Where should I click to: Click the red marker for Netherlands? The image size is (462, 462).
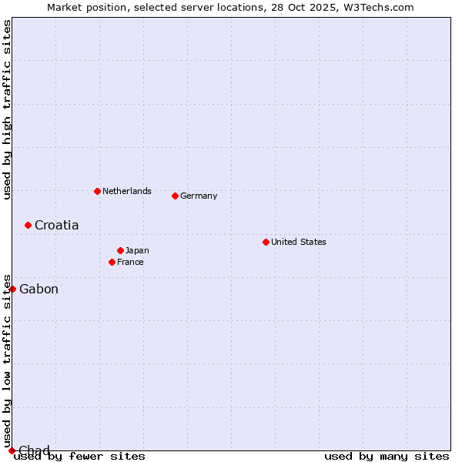[97, 191]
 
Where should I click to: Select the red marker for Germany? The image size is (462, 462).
[175, 196]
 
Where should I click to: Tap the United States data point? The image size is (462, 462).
[266, 242]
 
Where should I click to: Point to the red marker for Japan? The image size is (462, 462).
[120, 250]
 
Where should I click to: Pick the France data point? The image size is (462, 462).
[112, 262]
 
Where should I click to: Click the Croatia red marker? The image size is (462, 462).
[28, 225]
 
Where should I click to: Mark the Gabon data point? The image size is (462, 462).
[12, 289]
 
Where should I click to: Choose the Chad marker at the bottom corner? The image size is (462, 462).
[12, 450]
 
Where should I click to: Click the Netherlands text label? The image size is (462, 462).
[127, 191]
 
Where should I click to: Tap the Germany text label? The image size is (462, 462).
[199, 196]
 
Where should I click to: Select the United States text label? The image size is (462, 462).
[299, 242]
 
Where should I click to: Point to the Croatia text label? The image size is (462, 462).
[56, 225]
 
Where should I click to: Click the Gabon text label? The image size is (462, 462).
[38, 289]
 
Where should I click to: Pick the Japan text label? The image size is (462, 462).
[138, 250]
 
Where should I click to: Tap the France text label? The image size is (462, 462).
[131, 262]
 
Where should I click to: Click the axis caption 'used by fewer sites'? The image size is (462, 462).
[79, 456]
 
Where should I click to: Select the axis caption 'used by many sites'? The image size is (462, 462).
[387, 456]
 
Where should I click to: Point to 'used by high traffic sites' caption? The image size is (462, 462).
[7, 109]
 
